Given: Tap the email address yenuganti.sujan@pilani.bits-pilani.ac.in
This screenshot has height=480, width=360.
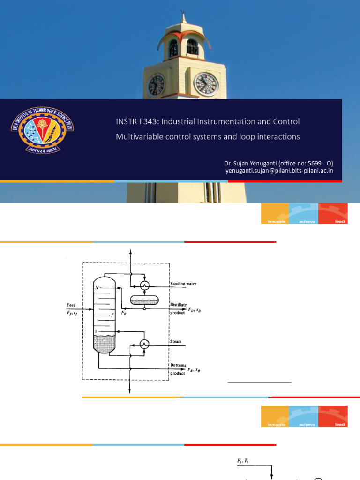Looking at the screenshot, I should pyautogui.click(x=279, y=171).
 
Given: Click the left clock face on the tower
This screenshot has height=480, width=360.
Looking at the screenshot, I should pyautogui.click(x=156, y=85).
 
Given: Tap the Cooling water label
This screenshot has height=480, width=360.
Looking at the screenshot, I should pyautogui.click(x=183, y=284).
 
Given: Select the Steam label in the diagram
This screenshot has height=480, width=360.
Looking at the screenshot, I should pyautogui.click(x=176, y=342).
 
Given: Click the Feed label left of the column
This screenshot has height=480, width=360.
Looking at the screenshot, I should pyautogui.click(x=71, y=305).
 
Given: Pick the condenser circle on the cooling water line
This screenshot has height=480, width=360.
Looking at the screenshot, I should pyautogui.click(x=145, y=285).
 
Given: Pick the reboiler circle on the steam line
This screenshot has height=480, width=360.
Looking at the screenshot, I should pyautogui.click(x=145, y=345).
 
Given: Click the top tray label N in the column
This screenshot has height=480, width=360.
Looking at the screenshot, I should pyautogui.click(x=97, y=287).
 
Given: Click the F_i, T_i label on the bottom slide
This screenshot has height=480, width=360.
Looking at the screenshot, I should pyautogui.click(x=244, y=462).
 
